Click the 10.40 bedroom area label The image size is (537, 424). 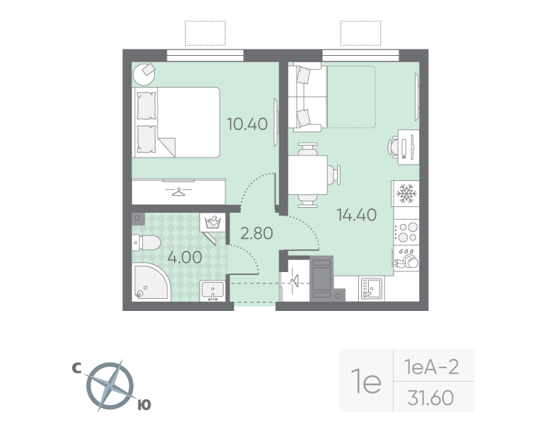point(247,124)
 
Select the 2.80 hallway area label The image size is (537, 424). point(256,232)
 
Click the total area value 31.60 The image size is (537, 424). point(430,399)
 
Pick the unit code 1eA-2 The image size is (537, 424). point(431,367)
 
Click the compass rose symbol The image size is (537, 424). point(110,386)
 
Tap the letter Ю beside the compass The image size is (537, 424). point(143,405)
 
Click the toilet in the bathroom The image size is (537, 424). point(146,244)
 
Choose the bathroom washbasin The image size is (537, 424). point(213,290)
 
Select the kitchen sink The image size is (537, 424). point(371,287)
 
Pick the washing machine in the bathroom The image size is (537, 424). point(212,223)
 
